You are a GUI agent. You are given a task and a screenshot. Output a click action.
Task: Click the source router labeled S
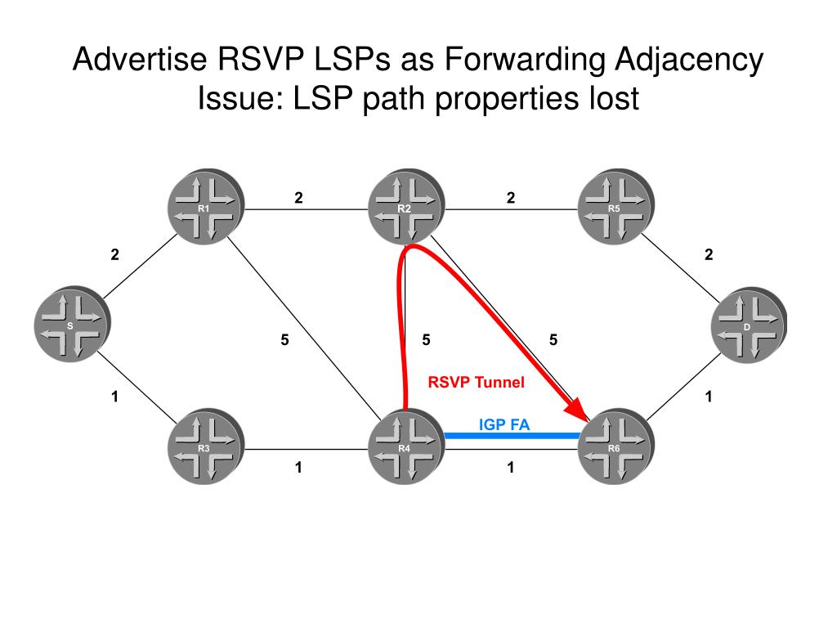pos(71,325)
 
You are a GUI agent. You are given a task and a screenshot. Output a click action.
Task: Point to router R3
pos(205,448)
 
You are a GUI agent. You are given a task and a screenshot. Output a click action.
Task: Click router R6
pos(615,448)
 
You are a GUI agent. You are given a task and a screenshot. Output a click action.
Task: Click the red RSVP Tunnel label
pos(476,382)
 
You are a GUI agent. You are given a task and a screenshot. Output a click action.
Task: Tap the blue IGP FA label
pos(504,424)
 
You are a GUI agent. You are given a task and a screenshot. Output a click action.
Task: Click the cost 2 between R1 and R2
pos(299,197)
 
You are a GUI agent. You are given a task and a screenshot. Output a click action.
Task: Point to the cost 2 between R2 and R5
pos(511,197)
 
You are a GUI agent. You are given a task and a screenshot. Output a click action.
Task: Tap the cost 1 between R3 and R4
pos(299,468)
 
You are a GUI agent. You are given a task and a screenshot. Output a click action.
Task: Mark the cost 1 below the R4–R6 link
pos(511,468)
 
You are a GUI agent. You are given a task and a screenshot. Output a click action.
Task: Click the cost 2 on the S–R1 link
pos(115,254)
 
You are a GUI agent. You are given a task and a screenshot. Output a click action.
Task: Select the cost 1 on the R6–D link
pos(709,397)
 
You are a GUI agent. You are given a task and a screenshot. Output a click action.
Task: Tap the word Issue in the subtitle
pos(236,99)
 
